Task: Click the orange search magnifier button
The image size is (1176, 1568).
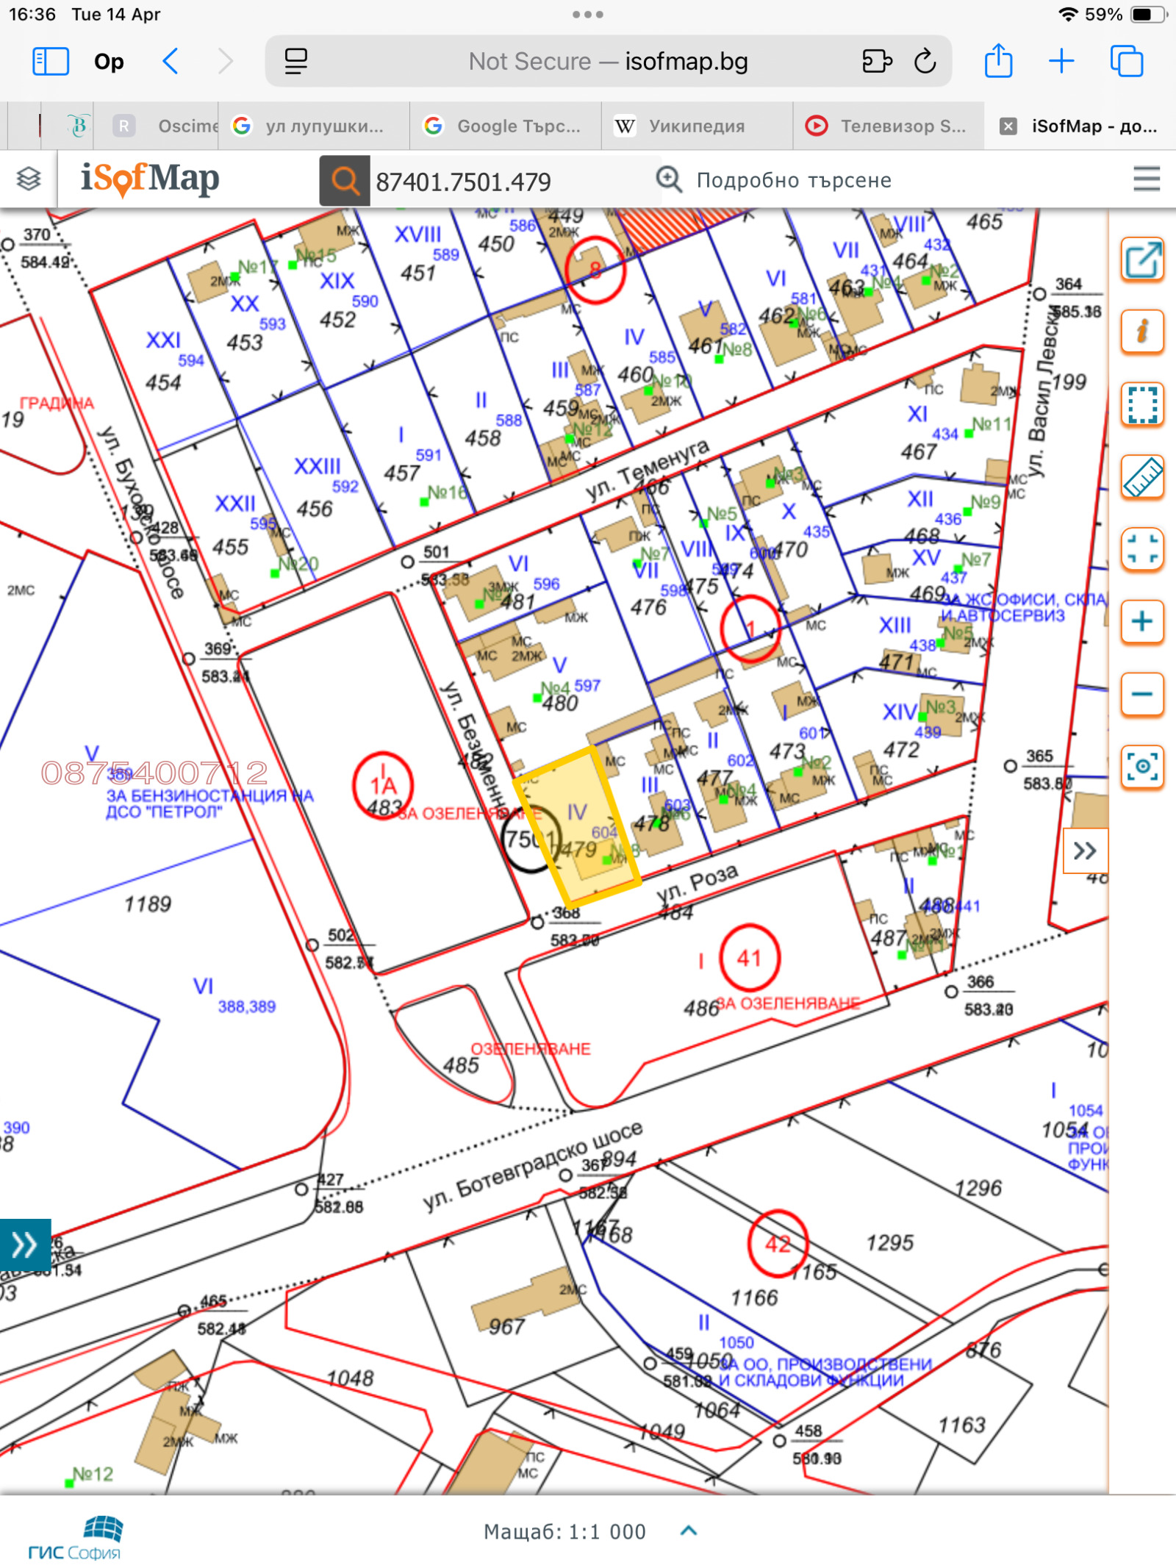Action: [x=344, y=180]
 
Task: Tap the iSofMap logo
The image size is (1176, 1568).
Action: [x=150, y=179]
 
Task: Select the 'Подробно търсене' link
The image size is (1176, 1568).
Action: [x=793, y=180]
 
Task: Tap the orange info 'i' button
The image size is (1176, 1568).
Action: [x=1141, y=332]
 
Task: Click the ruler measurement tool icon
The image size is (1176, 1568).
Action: [x=1141, y=476]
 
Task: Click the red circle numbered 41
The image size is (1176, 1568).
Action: [x=749, y=958]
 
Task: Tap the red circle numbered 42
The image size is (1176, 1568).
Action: [x=778, y=1243]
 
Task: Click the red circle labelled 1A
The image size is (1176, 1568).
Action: [x=382, y=785]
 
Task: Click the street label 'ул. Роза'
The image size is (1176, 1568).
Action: [x=697, y=881]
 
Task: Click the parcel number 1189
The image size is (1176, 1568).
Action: [x=147, y=903]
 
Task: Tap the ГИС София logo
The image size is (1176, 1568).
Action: [x=74, y=1537]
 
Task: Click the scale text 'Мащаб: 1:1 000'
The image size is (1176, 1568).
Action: [x=564, y=1532]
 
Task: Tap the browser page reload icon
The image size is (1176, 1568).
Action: [x=925, y=62]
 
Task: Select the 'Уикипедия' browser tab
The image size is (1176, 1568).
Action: [x=696, y=126]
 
